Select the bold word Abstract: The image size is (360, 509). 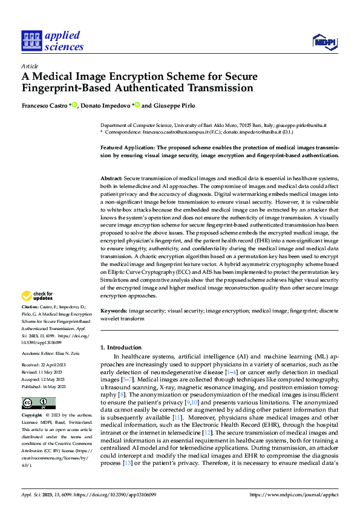point(111,179)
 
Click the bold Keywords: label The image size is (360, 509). point(113,311)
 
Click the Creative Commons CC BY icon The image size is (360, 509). point(38,403)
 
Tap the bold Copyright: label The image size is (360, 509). point(32,417)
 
